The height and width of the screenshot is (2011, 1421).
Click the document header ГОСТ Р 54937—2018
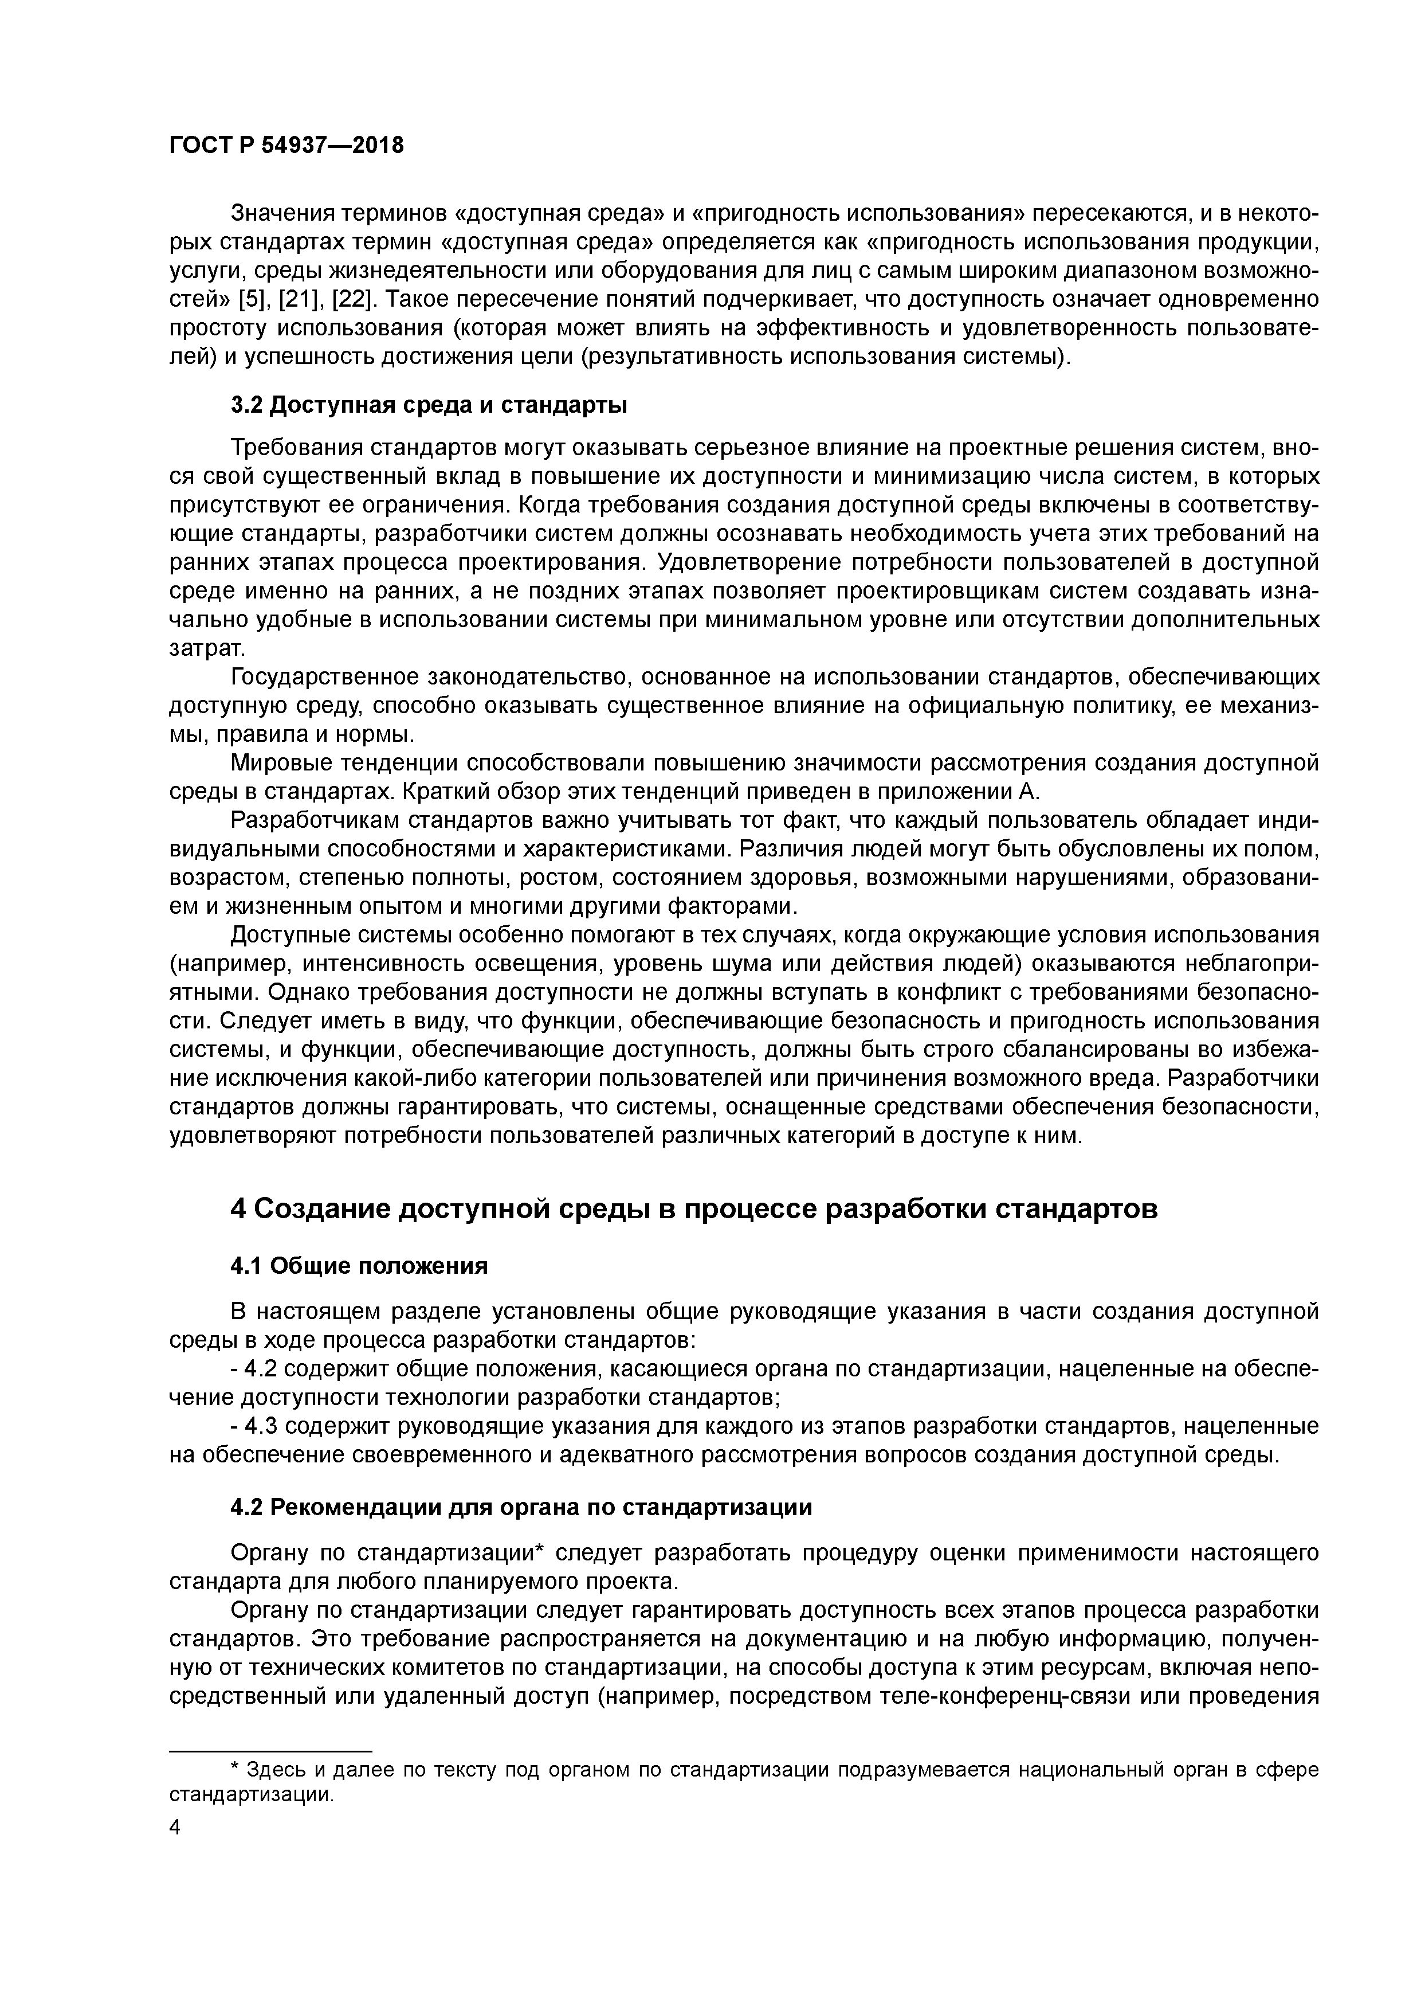pyautogui.click(x=286, y=146)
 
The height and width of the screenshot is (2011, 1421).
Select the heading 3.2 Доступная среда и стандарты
pyautogui.click(x=428, y=405)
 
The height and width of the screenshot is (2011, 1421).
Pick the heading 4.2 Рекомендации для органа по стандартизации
pyautogui.click(x=521, y=1507)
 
